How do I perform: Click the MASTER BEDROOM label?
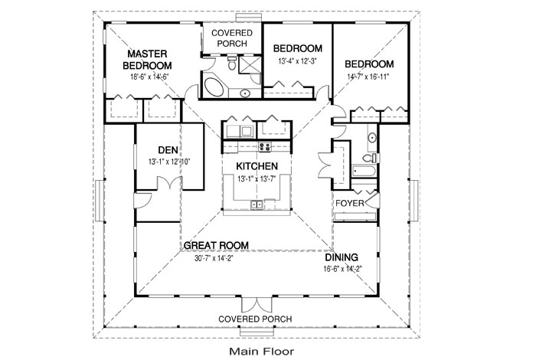pos(147,60)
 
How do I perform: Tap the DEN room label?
pos(168,149)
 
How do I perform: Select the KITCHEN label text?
pos(257,166)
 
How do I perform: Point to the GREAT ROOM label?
pos(216,245)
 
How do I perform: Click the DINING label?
pos(342,257)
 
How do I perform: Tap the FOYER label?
pos(350,203)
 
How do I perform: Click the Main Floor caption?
pos(262,351)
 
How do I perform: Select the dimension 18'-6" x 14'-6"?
pos(150,77)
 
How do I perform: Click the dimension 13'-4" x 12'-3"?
pos(298,61)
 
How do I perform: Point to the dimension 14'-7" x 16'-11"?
pos(368,77)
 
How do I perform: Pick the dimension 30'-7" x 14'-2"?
pos(214,258)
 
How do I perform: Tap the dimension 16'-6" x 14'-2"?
pos(342,269)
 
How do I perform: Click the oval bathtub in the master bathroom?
pos(214,88)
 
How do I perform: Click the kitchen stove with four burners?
pos(265,146)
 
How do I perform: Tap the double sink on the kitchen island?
pos(257,205)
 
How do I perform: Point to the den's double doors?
pos(169,183)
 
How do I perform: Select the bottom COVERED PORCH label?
pos(255,319)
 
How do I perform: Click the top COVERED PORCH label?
pos(232,38)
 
